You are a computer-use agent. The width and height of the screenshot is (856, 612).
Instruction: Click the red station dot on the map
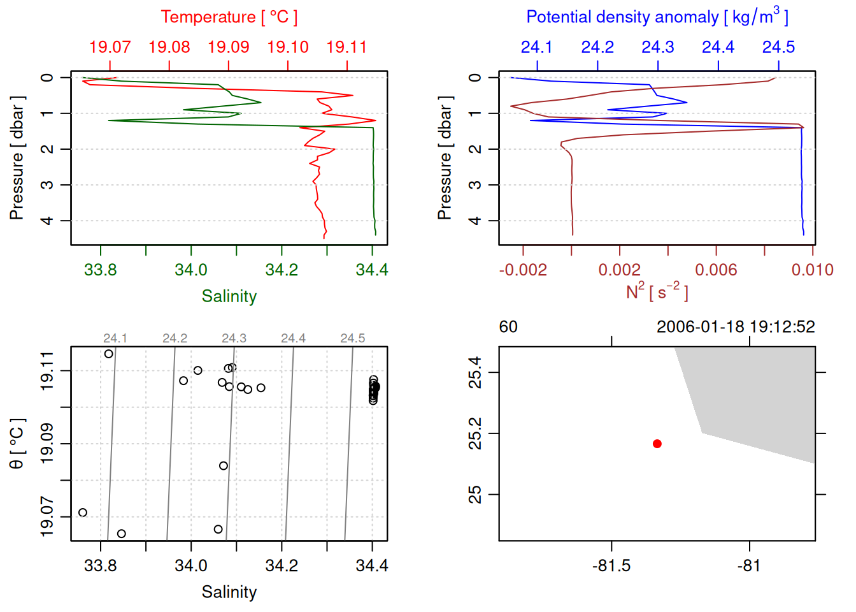(x=657, y=444)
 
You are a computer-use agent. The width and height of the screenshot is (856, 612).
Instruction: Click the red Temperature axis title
(x=229, y=17)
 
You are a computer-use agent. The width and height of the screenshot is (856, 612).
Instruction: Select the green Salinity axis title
(x=229, y=296)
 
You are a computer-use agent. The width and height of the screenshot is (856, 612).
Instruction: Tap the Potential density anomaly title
(x=657, y=17)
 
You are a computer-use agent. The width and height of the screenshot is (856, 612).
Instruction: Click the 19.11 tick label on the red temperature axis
(x=346, y=47)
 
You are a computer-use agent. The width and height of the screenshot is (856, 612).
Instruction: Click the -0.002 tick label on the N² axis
(x=523, y=270)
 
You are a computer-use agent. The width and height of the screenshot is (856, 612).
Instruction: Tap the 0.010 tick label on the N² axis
(x=812, y=270)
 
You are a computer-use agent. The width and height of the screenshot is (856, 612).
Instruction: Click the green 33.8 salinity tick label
(x=101, y=270)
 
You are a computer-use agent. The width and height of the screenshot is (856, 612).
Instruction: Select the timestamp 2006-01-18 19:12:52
(x=736, y=327)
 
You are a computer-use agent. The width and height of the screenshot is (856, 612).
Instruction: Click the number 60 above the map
(x=508, y=327)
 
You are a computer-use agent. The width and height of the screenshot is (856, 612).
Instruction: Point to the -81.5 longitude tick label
(x=611, y=566)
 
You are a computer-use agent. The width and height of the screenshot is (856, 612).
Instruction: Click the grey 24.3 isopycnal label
(x=234, y=339)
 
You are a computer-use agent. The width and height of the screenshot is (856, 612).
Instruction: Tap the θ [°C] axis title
(x=17, y=444)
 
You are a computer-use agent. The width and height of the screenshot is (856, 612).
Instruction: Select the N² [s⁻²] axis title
(x=657, y=292)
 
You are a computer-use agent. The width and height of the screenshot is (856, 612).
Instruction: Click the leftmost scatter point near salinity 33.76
(x=83, y=513)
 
